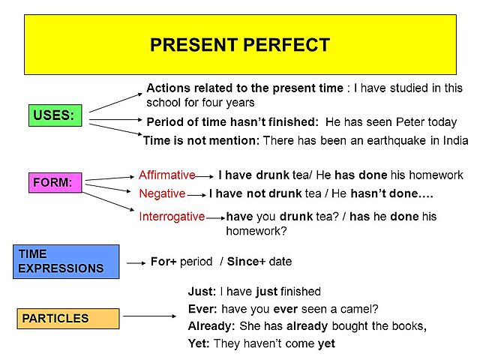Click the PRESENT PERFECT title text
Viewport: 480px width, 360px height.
(x=240, y=44)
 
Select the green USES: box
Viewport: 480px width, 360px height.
(x=55, y=116)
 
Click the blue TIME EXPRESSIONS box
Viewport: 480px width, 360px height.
(x=65, y=262)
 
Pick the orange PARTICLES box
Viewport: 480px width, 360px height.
(x=68, y=318)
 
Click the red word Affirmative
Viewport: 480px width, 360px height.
(x=166, y=175)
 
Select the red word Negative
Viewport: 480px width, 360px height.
(x=162, y=193)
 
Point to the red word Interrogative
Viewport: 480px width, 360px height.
(x=172, y=217)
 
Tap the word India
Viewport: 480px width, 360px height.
(x=453, y=140)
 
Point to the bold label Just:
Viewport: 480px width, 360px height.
(x=202, y=292)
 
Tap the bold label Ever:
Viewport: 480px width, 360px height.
(x=202, y=308)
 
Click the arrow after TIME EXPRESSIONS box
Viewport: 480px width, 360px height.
(x=136, y=262)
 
